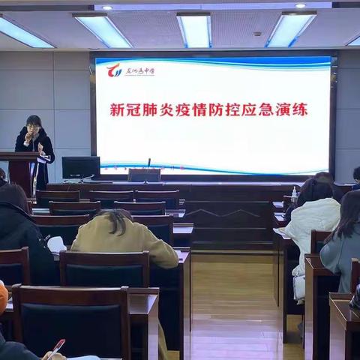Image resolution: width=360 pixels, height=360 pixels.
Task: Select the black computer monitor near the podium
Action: click(80, 166)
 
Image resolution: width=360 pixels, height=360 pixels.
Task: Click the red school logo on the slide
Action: click(114, 71)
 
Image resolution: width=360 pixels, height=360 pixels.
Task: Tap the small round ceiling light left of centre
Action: click(106, 7)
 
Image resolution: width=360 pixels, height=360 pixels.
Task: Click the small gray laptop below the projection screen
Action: click(144, 175)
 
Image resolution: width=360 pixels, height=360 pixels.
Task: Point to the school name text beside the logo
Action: click(139, 71)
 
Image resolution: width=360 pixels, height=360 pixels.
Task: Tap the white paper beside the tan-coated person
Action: click(55, 244)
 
